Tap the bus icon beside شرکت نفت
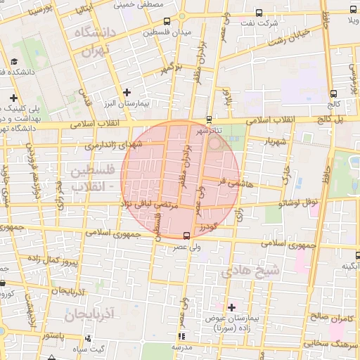[x=259, y=13]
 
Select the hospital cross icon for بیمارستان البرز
[x=127, y=92]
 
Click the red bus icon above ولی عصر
[x=186, y=235]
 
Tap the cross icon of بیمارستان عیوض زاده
[x=231, y=307]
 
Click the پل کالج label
[x=332, y=120]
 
